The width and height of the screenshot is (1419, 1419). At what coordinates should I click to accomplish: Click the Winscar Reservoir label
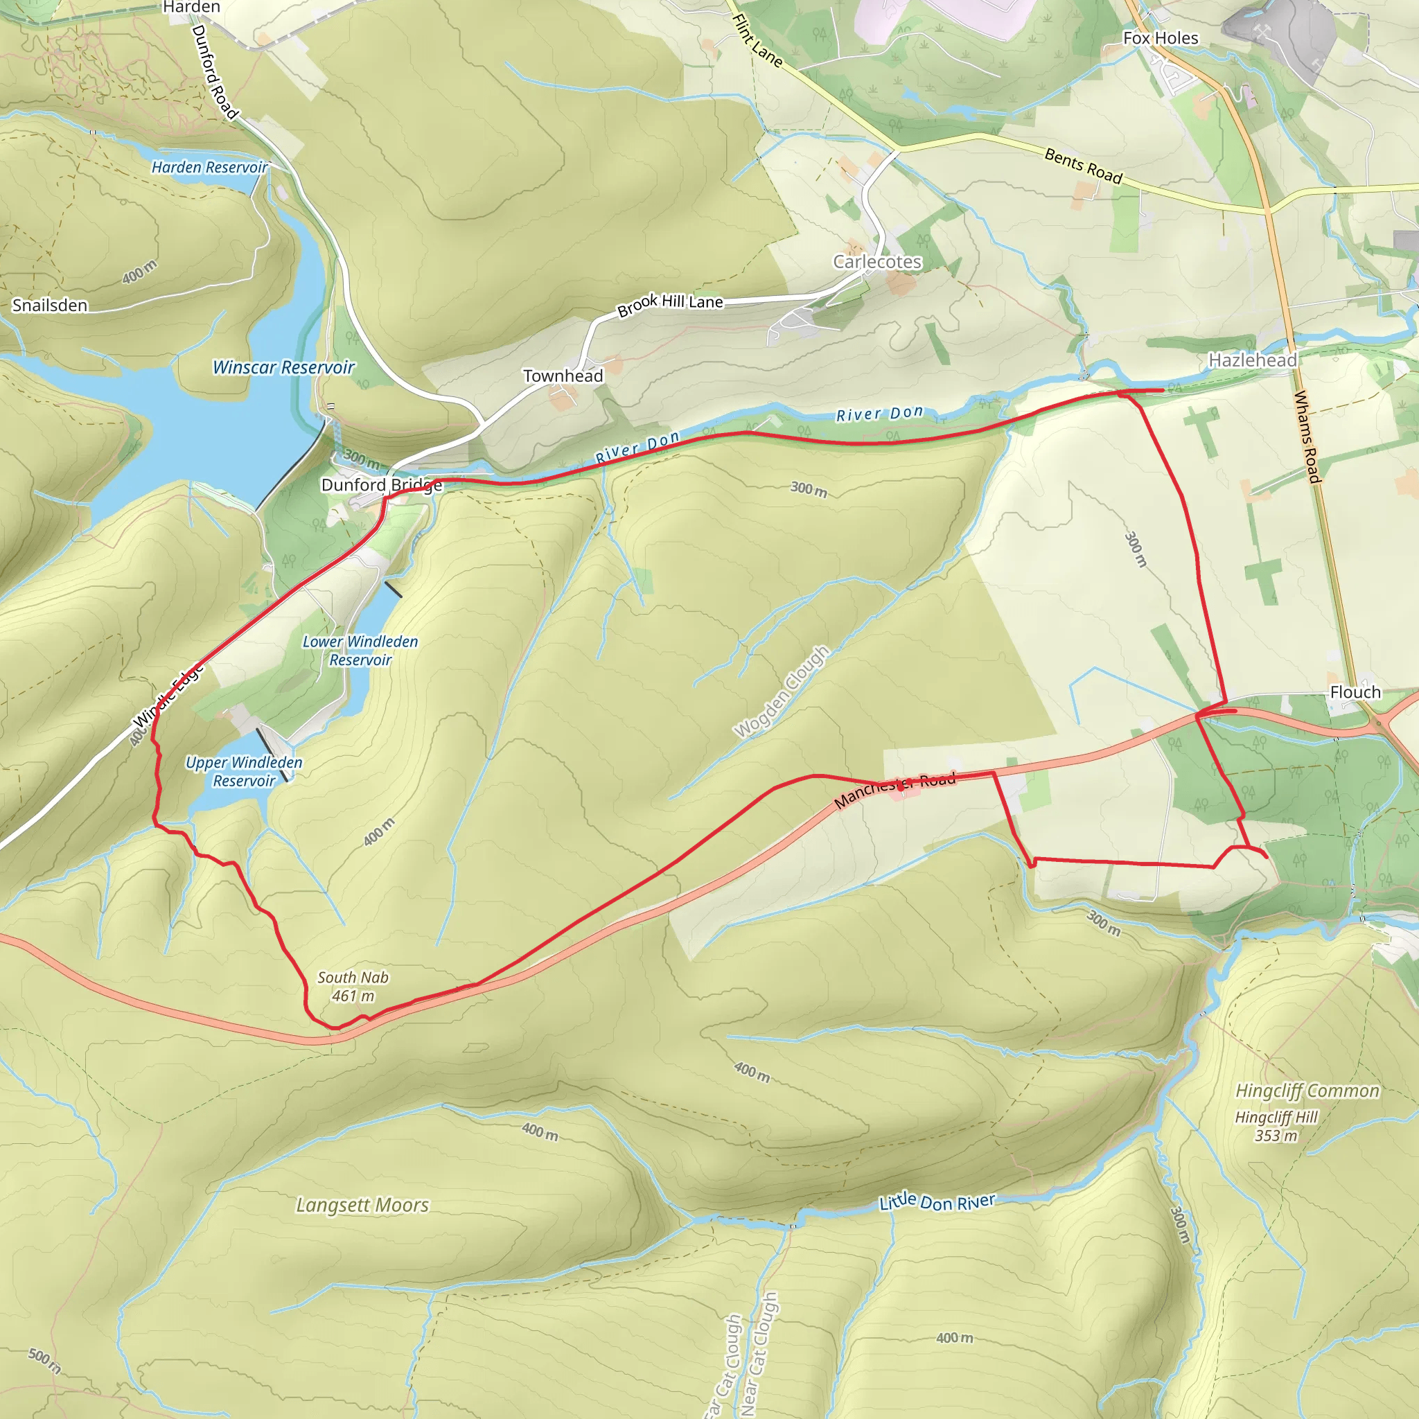point(283,367)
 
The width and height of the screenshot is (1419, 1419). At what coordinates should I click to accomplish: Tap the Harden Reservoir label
point(209,168)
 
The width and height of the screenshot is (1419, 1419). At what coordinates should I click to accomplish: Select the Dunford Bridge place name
point(382,485)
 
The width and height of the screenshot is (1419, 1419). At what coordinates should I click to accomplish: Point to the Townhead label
point(563,376)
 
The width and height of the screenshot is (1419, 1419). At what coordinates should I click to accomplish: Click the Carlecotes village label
point(877,262)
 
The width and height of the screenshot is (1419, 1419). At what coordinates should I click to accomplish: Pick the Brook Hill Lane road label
point(670,303)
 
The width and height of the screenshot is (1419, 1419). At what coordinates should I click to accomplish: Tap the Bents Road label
point(1084,166)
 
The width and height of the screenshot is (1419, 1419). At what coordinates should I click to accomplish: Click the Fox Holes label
point(1161,38)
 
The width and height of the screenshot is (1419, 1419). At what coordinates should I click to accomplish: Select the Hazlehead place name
point(1253,360)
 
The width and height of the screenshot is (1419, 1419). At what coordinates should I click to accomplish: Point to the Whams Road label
point(1307,437)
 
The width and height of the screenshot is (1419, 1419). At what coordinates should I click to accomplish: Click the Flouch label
point(1355,692)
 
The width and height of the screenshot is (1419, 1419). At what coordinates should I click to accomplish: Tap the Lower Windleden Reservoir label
point(360,651)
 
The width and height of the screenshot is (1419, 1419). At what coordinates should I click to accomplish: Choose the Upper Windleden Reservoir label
point(244,772)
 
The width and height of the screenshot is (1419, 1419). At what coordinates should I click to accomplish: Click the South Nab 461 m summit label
point(353,987)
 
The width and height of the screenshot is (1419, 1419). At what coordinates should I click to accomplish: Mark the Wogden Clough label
point(782,692)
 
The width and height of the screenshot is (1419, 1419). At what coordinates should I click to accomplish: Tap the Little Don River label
point(937,1202)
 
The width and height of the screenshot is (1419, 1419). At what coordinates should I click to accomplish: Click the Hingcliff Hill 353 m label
point(1276,1126)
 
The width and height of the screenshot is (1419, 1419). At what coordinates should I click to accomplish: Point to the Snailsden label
point(50,306)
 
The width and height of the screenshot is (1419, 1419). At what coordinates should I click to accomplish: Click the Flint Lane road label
point(757,41)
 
